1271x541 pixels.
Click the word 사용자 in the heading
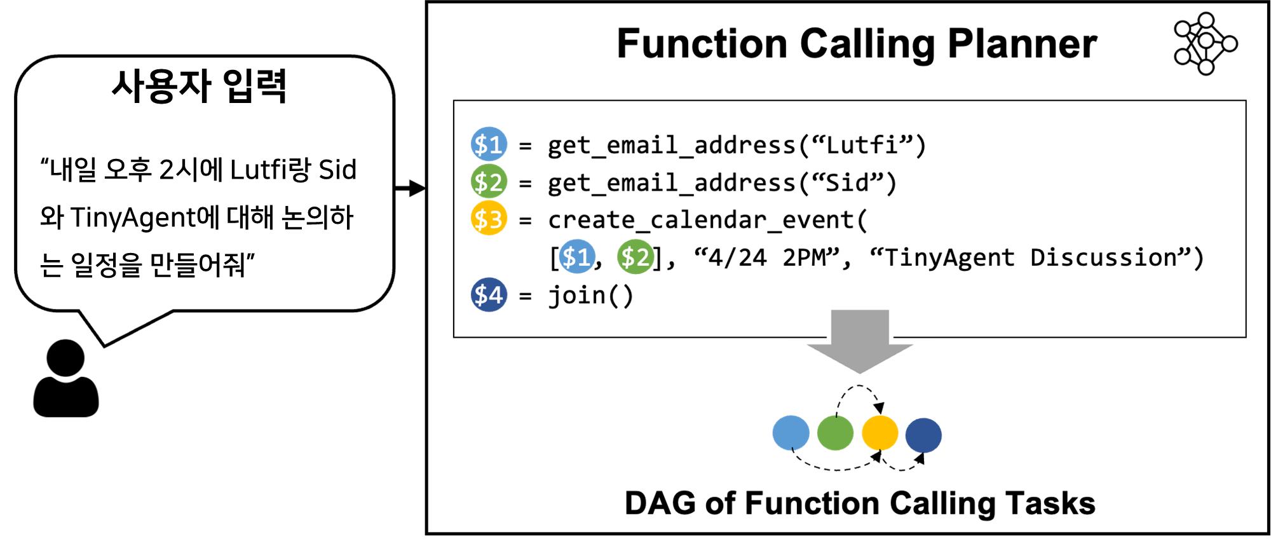point(161,86)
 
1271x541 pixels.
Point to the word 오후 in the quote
point(128,170)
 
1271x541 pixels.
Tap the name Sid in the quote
point(337,170)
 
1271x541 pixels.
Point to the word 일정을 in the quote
point(106,264)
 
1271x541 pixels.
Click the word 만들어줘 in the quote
point(198,264)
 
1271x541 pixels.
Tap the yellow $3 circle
point(489,218)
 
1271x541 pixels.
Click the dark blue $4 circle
point(489,294)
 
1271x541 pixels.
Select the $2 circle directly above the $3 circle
point(489,181)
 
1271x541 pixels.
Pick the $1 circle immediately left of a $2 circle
point(577,257)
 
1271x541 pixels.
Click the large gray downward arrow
point(860,340)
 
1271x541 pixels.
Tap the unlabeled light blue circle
point(791,433)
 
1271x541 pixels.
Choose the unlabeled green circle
point(835,433)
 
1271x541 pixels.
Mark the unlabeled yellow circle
point(880,433)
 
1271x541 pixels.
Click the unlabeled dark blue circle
point(923,435)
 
